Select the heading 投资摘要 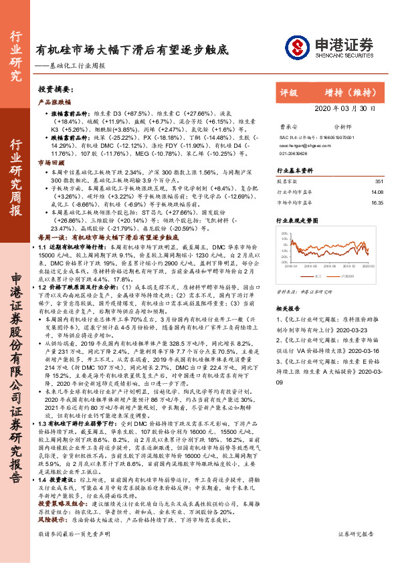coord(54,89)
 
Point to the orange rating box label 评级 coord(289,93)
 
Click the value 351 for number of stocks coord(379,181)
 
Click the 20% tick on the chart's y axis coord(285,234)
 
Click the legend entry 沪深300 coord(349,274)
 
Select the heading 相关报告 coord(289,310)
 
